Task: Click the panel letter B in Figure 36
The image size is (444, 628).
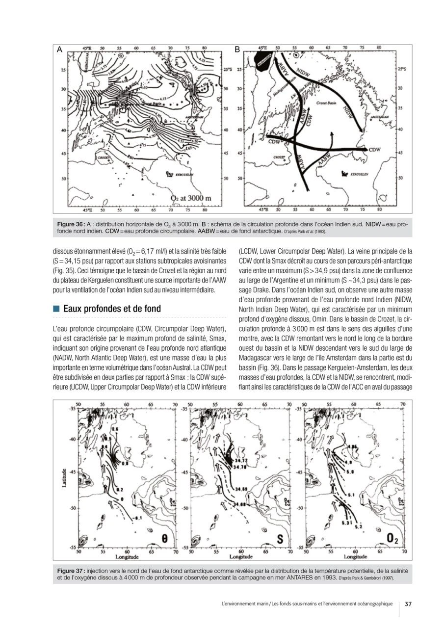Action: click(237, 50)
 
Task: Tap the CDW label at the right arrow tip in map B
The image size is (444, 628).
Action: click(375, 149)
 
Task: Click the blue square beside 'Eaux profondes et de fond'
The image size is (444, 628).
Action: click(56, 309)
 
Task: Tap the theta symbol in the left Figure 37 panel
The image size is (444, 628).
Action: click(165, 539)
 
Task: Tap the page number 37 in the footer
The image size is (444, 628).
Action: click(408, 604)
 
